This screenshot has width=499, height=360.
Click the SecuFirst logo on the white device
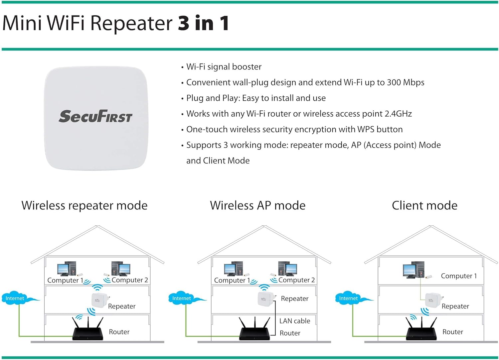95,116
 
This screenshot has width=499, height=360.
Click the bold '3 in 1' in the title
203,23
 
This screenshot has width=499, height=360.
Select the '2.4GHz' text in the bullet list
398,114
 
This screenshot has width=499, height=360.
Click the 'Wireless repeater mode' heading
84,205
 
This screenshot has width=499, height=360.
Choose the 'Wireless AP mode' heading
257,205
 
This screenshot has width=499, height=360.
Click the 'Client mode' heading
424,205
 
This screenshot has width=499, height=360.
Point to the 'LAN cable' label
294,321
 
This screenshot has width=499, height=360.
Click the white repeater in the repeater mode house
98,300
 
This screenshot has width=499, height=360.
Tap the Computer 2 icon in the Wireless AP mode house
288,269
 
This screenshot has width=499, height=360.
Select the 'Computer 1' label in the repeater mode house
65,280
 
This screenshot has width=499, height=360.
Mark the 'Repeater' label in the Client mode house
455,306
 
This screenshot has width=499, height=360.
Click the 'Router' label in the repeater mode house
119,332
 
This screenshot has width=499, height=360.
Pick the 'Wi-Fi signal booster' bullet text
224,67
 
